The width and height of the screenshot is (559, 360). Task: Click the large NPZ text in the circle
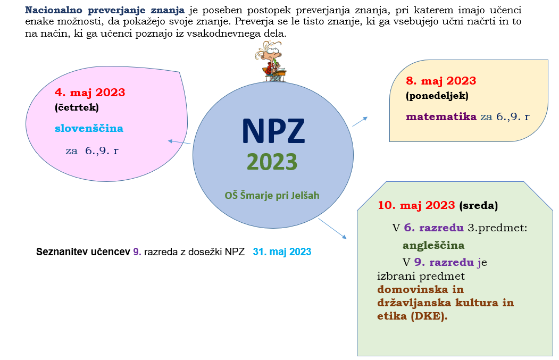273,131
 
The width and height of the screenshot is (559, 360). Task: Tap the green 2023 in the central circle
272,162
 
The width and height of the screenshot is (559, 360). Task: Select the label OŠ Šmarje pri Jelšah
272,195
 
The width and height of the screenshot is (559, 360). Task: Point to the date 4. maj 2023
90,93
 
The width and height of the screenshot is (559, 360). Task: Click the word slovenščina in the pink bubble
89,128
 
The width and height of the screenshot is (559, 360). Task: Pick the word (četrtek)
77,107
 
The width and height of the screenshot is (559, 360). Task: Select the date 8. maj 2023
441,81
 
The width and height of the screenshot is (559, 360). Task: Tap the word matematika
441,116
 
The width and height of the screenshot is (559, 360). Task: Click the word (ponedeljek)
437,96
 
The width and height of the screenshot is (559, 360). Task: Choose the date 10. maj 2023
416,205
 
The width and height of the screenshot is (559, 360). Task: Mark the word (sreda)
479,206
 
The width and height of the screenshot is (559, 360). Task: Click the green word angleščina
433,246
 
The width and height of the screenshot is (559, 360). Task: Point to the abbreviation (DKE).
429,316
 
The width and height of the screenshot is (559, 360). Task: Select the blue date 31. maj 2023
282,252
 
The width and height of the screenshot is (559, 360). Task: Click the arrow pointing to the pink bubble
179,142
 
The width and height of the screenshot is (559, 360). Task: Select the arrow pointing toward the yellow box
360,122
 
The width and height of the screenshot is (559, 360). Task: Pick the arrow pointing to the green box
332,229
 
